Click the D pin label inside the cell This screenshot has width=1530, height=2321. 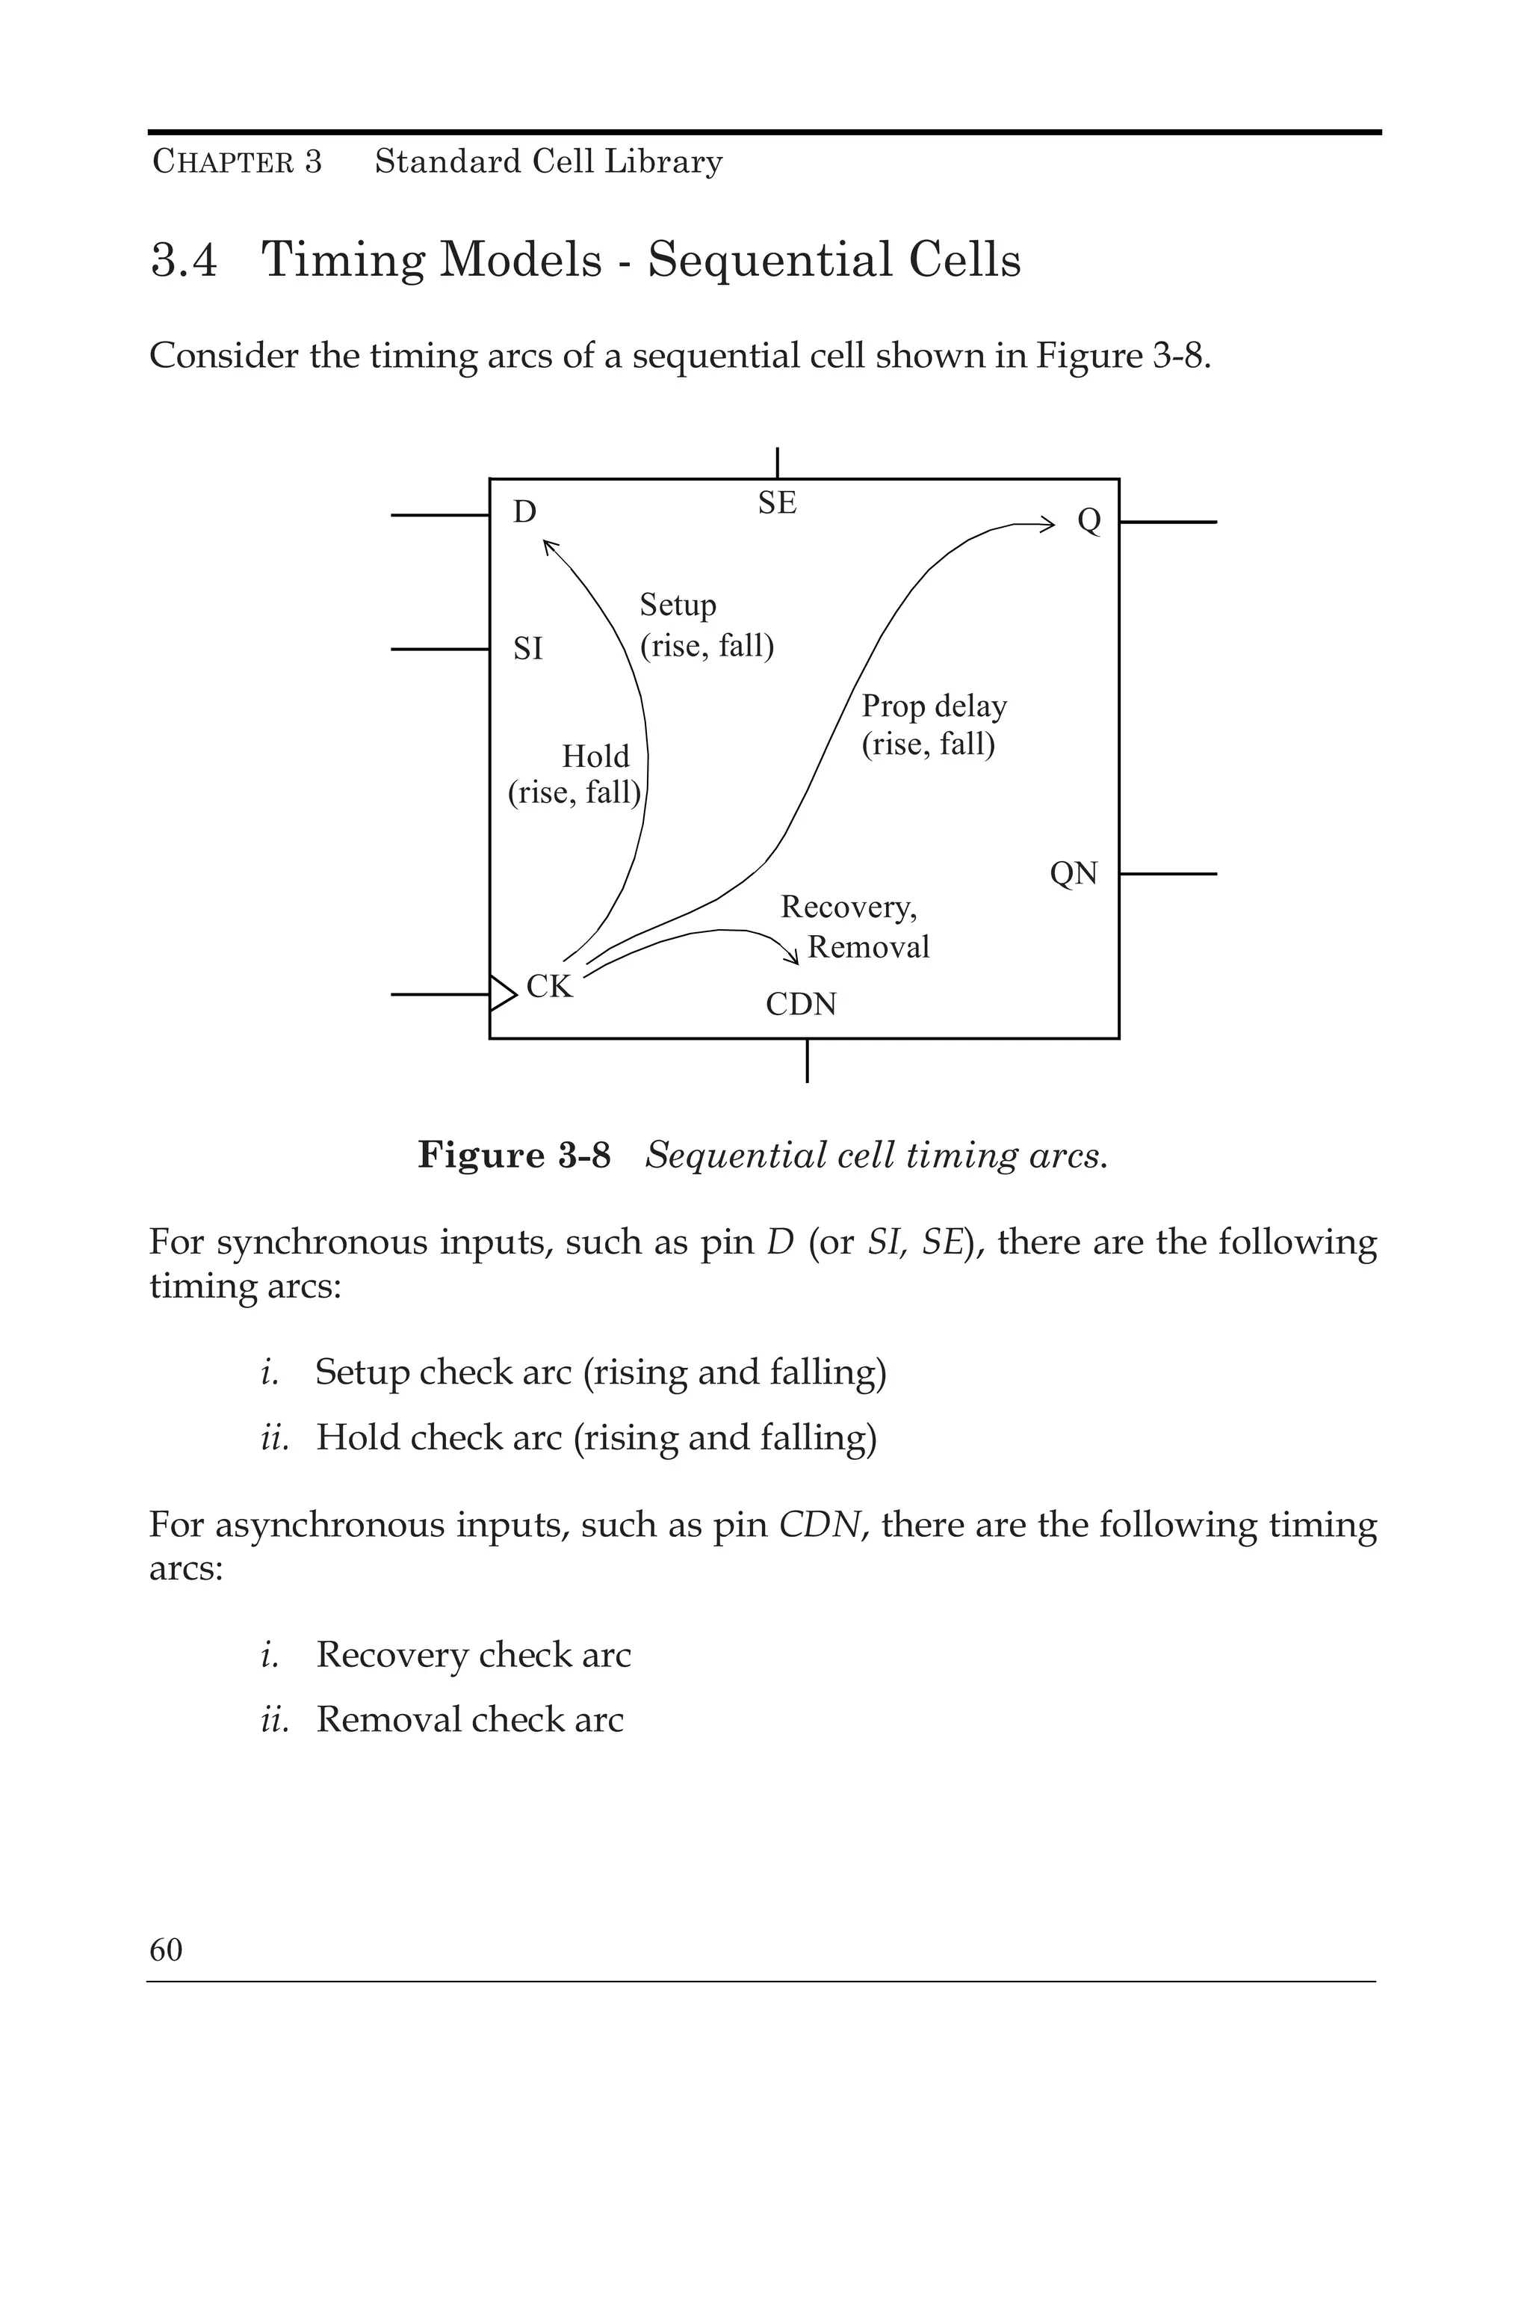coord(525,513)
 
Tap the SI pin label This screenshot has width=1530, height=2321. coord(528,649)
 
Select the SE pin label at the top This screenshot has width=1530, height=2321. coord(778,504)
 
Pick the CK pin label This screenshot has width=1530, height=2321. coord(549,987)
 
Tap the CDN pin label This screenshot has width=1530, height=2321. coord(801,1005)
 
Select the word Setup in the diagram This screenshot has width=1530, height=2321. coord(678,605)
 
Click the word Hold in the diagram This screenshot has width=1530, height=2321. coord(595,756)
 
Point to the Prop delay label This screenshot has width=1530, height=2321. coord(934,706)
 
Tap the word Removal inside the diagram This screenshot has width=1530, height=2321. coord(868,947)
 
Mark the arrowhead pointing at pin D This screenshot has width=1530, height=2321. coord(549,546)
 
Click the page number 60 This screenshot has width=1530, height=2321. coord(166,1950)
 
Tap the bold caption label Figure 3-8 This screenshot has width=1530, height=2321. coord(514,1156)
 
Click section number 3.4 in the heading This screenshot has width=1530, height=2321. coord(185,261)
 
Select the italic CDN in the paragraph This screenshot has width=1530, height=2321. coord(820,1525)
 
